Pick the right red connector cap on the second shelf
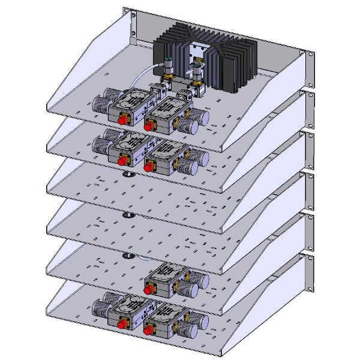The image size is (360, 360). (x=148, y=166)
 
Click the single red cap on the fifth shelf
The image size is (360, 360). (x=148, y=289)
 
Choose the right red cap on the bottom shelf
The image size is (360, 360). (x=148, y=329)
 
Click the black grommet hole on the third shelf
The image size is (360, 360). (x=127, y=175)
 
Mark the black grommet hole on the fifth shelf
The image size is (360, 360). (x=127, y=256)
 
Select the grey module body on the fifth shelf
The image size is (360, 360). (x=167, y=277)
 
